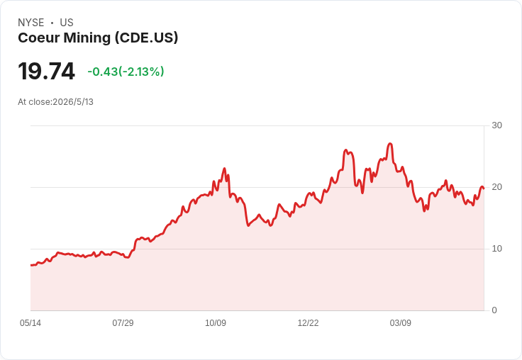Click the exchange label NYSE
point(31,23)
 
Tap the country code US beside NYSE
point(67,23)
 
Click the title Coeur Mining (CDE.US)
point(98,38)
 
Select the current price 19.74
point(46,71)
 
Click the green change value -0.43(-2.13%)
point(126,72)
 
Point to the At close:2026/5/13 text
point(55,102)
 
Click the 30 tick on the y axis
point(496,125)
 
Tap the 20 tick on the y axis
point(496,187)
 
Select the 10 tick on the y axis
point(496,249)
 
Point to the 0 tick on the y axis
point(494,310)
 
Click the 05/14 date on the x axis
point(30,323)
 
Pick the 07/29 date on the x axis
point(123,323)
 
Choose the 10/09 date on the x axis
point(216,323)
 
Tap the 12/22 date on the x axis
point(308,323)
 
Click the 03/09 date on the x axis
point(401,323)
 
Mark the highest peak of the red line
point(390,144)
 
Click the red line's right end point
point(484,189)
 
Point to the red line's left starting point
point(31,265)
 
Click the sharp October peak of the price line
point(224,169)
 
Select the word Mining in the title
point(87,38)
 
